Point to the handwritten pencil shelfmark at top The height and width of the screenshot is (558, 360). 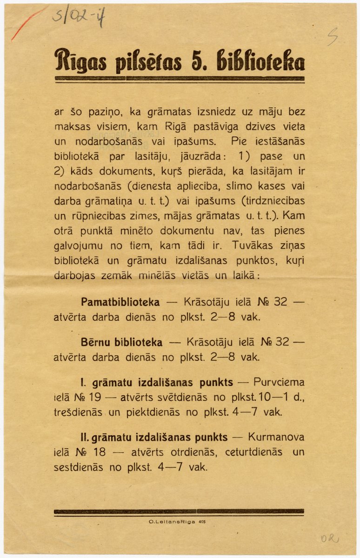pyautogui.click(x=79, y=17)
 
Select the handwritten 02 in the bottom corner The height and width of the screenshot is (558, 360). pyautogui.click(x=329, y=538)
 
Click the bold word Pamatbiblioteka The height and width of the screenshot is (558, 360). pyautogui.click(x=120, y=302)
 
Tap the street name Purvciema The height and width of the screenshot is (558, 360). pyautogui.click(x=279, y=383)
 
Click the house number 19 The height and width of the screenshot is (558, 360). pyautogui.click(x=101, y=398)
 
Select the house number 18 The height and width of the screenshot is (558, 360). pyautogui.click(x=101, y=452)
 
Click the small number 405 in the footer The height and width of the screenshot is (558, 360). pyautogui.click(x=202, y=522)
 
